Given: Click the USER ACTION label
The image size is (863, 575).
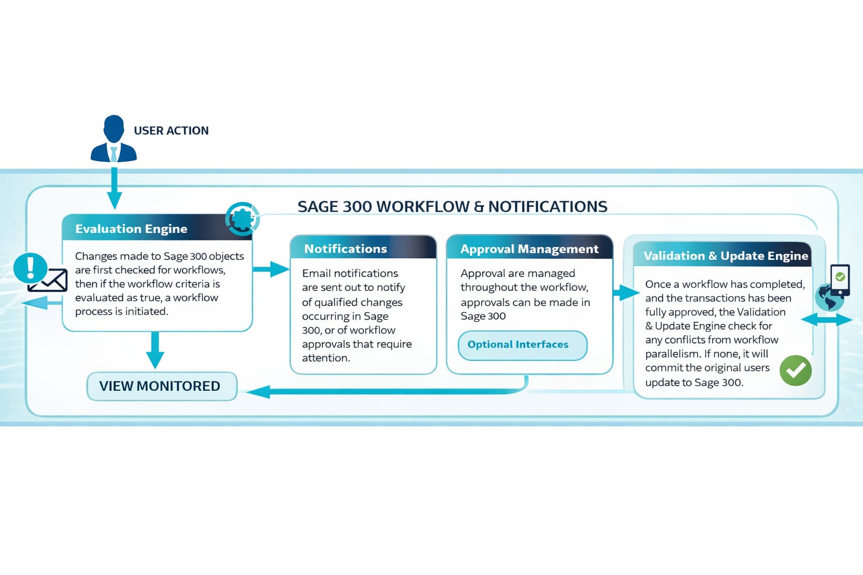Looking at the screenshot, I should pyautogui.click(x=171, y=131).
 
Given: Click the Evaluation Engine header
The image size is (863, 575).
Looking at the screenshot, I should pyautogui.click(x=131, y=229).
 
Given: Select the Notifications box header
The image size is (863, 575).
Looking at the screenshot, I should pyautogui.click(x=346, y=249).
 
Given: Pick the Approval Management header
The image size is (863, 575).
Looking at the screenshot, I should pyautogui.click(x=529, y=249).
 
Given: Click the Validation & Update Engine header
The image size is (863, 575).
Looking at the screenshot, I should pyautogui.click(x=725, y=255).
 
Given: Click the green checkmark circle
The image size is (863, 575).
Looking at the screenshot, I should pyautogui.click(x=796, y=371).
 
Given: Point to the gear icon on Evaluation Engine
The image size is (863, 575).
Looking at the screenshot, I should pyautogui.click(x=242, y=218).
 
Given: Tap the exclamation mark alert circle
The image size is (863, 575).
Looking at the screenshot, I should pyautogui.click(x=30, y=267).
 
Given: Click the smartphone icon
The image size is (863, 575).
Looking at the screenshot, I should pyautogui.click(x=840, y=280).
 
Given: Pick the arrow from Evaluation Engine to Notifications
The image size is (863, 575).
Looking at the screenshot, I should pyautogui.click(x=271, y=270).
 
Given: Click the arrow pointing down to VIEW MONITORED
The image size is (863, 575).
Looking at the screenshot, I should pyautogui.click(x=155, y=350).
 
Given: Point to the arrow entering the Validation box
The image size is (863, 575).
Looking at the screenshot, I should pyautogui.click(x=625, y=293).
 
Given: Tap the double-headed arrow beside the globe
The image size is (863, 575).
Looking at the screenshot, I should pyautogui.click(x=826, y=320).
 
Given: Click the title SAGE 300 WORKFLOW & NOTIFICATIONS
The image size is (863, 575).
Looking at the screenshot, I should pyautogui.click(x=452, y=207).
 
